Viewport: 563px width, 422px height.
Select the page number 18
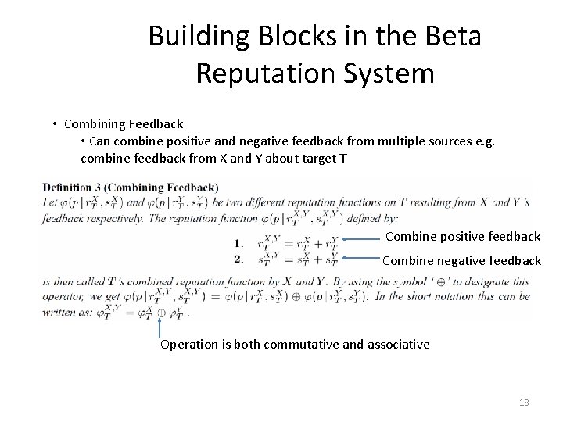click(524, 402)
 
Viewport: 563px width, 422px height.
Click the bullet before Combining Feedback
click(56, 124)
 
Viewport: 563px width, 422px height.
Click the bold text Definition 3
click(74, 188)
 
